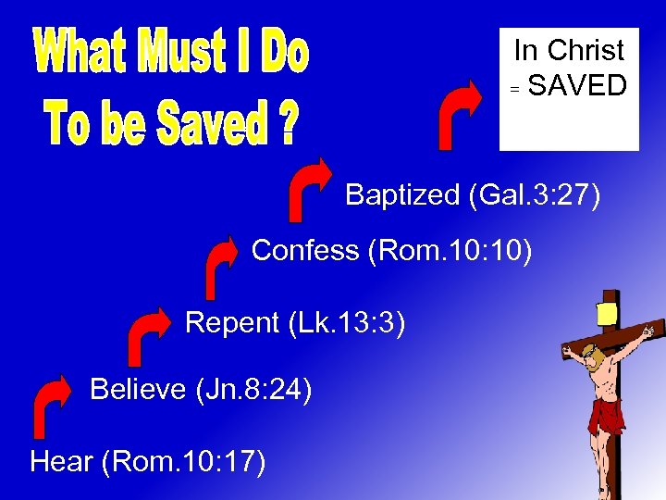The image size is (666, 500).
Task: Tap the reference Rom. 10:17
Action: click(x=187, y=460)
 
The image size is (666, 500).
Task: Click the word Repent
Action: click(x=232, y=322)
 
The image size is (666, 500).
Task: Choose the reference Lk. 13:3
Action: click(x=347, y=322)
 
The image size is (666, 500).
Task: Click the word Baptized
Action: click(x=402, y=194)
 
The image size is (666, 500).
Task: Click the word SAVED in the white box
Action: click(x=577, y=86)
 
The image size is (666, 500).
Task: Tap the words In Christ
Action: click(x=569, y=50)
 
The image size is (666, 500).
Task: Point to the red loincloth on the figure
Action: click(x=607, y=413)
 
